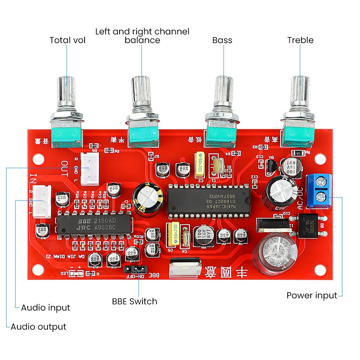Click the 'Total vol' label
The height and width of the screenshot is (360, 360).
(67, 40)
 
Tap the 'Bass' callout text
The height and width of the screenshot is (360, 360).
(222, 40)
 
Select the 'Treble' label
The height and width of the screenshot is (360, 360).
(300, 40)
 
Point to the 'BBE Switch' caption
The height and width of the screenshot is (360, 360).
(135, 301)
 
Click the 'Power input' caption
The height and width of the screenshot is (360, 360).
(312, 296)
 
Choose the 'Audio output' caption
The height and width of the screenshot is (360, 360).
(39, 327)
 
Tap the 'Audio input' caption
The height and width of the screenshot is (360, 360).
(45, 308)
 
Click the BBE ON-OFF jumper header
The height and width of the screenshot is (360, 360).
(135, 269)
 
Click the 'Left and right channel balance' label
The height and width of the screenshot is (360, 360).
(142, 36)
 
